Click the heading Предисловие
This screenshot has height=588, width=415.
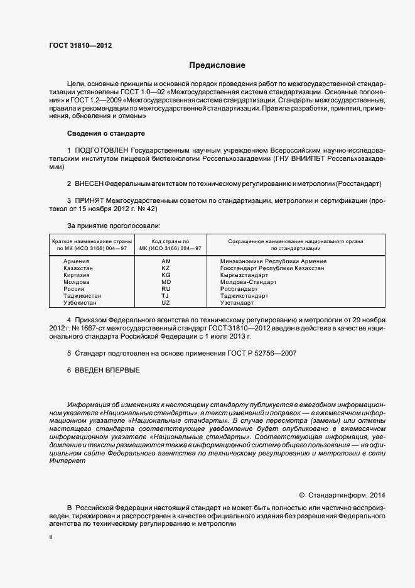click(217, 65)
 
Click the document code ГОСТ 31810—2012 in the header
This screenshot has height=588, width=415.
click(80, 45)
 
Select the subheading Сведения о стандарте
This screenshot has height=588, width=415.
click(105, 134)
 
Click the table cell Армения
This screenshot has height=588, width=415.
click(77, 261)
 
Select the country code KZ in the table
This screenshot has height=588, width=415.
click(166, 268)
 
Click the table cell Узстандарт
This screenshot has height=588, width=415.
click(237, 303)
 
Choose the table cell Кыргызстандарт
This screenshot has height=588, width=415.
click(244, 275)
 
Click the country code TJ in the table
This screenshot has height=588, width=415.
click(166, 295)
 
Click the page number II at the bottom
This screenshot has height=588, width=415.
click(51, 538)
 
